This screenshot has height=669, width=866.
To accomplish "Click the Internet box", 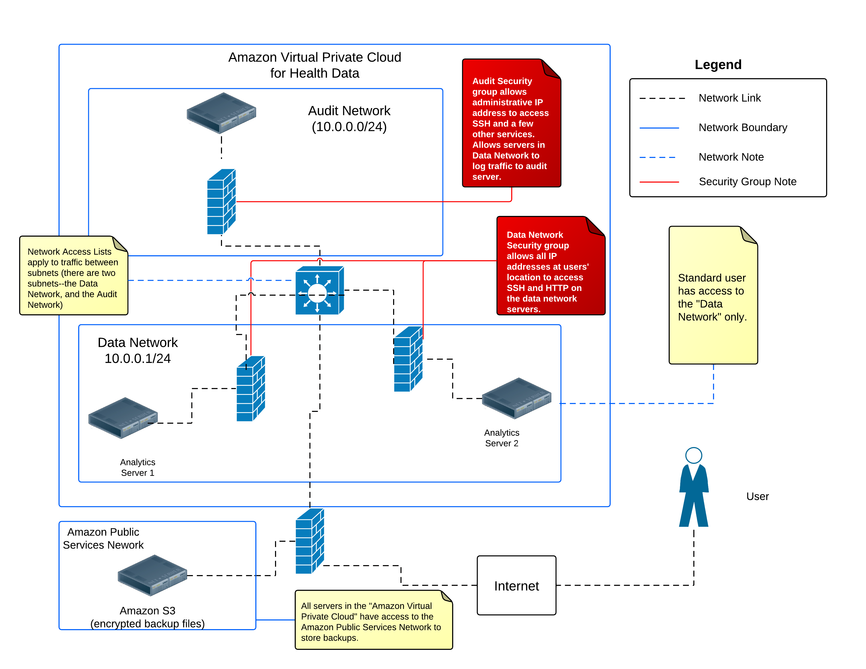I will pos(516,585).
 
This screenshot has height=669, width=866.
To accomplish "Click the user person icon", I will pos(694,487).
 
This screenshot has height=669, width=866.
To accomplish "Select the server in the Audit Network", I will pos(221,113).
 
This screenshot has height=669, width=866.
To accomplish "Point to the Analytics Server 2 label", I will pos(501,438).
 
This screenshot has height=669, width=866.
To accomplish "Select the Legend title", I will pos(718,65).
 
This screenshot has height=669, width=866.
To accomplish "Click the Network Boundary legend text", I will pos(742,128).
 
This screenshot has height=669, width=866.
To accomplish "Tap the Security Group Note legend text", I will pos(747,182).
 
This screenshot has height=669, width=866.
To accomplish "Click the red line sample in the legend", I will pos(659,182).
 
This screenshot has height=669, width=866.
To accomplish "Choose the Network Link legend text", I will pos(729,98).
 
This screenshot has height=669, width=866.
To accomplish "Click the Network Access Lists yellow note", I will pos(73,277).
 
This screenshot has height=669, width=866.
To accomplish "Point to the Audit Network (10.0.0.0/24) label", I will pos(349,119).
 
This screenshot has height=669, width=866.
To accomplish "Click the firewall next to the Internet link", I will pos(310,541).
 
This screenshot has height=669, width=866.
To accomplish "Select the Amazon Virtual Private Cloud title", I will pos(314,65).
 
